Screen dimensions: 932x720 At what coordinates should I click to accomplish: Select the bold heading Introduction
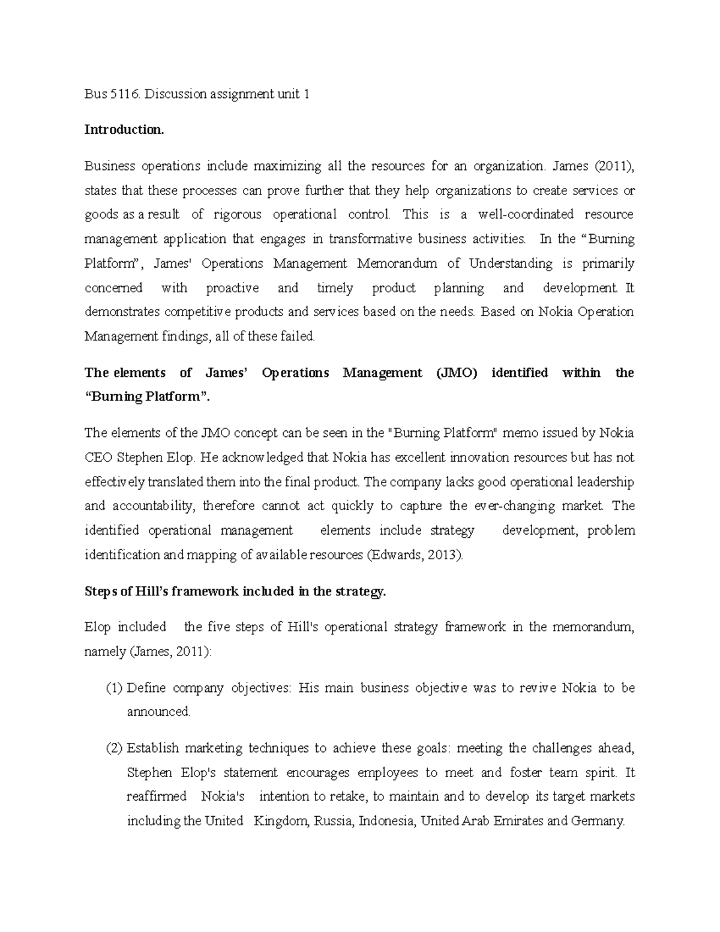tap(124, 130)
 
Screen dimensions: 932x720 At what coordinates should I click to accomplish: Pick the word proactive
tap(232, 288)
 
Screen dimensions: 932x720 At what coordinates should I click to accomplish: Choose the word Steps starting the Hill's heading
tap(100, 591)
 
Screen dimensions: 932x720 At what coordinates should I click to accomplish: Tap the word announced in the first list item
tap(158, 712)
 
